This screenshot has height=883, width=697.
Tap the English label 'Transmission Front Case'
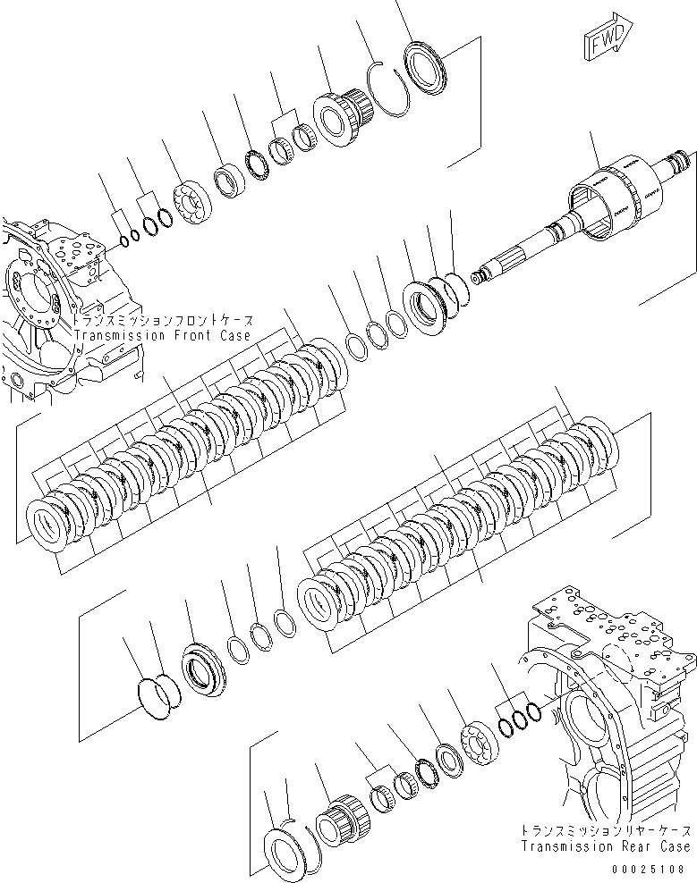164,335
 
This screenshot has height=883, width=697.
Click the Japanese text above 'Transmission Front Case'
164,321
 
